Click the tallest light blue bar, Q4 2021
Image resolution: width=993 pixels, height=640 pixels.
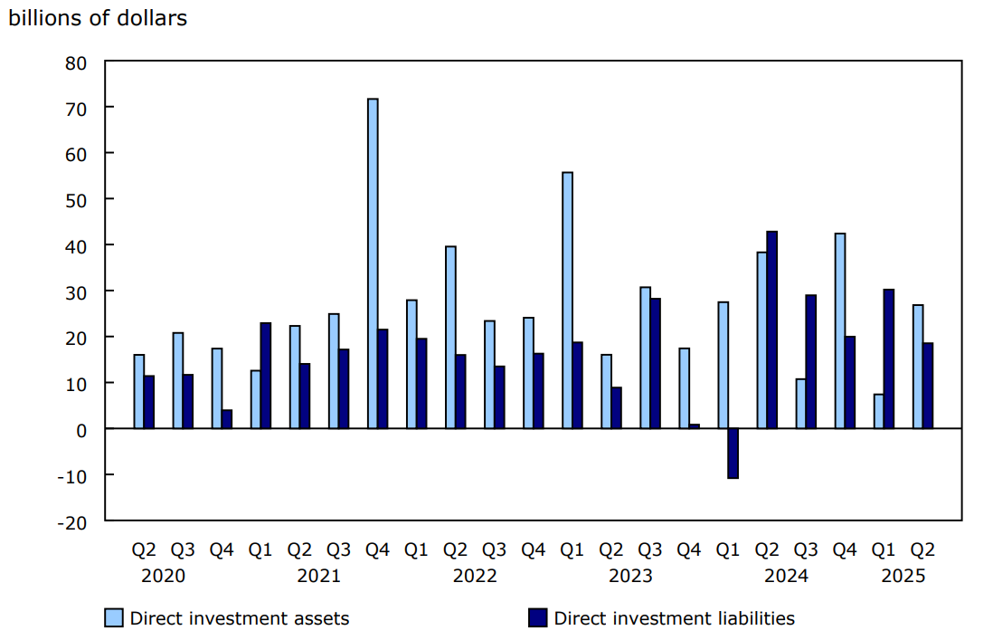coord(373,263)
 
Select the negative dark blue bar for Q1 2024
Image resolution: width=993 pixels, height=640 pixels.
coord(733,453)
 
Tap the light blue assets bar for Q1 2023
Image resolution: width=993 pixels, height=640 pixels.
coord(567,300)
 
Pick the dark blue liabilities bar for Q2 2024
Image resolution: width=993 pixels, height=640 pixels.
coord(771,330)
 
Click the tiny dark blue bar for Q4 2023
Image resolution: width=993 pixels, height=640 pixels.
coord(694,425)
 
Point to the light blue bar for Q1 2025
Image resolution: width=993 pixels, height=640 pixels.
coord(878,411)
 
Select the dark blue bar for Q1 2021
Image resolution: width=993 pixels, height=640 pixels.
coord(265,375)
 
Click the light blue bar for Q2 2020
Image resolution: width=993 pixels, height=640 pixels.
coord(138,391)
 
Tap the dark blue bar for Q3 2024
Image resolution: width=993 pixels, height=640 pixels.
coord(810,361)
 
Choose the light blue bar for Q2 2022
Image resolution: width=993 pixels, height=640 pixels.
coord(450,337)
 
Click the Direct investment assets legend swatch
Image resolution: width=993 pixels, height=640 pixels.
coord(113,618)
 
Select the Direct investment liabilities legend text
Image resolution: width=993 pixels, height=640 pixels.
coord(674,618)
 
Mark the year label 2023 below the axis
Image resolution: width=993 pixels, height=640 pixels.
coord(630,576)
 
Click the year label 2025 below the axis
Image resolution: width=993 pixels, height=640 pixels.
coord(903,576)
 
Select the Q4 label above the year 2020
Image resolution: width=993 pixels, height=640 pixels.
coord(222,549)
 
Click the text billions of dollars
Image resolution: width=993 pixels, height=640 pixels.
coord(98,18)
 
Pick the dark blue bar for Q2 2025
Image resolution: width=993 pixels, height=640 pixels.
coord(927,385)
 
